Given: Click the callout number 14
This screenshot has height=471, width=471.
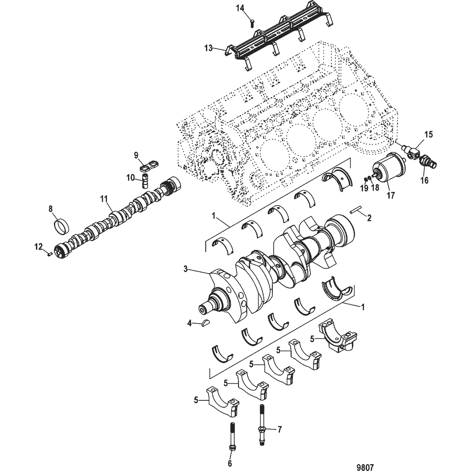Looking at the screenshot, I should [241, 8].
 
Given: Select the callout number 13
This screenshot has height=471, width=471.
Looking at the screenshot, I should [209, 48].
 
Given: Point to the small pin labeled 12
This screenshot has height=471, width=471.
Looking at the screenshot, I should [50, 254].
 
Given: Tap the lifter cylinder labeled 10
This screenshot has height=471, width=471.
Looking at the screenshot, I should [145, 181].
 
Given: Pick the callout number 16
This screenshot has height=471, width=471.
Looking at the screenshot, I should [424, 181].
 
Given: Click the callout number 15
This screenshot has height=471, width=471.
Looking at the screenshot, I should [428, 134].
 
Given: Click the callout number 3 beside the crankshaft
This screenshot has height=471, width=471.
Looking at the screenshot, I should [185, 268].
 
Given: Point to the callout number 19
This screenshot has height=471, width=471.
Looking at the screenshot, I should [364, 188].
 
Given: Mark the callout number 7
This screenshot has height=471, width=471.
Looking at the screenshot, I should [279, 429].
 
